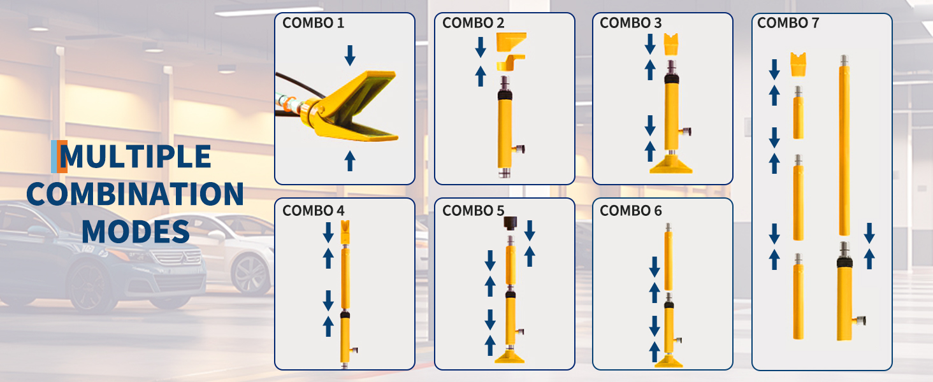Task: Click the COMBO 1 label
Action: [313, 23]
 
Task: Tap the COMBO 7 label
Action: [788, 23]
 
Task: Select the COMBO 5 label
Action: [473, 211]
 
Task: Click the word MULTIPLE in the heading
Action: [135, 157]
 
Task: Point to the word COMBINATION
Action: [135, 194]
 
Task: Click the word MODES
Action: [136, 231]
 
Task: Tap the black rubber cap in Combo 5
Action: [509, 223]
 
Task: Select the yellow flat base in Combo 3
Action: [670, 165]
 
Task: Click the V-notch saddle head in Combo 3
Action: [670, 44]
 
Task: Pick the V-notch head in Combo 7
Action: [798, 64]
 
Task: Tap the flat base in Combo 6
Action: [668, 361]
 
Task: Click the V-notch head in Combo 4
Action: [345, 232]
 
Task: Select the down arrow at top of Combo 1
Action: [350, 55]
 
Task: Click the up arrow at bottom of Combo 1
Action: [350, 160]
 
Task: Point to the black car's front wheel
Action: [89, 287]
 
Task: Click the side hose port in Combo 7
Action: [859, 321]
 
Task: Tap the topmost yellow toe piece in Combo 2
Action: [511, 42]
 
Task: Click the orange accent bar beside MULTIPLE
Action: [62, 157]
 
